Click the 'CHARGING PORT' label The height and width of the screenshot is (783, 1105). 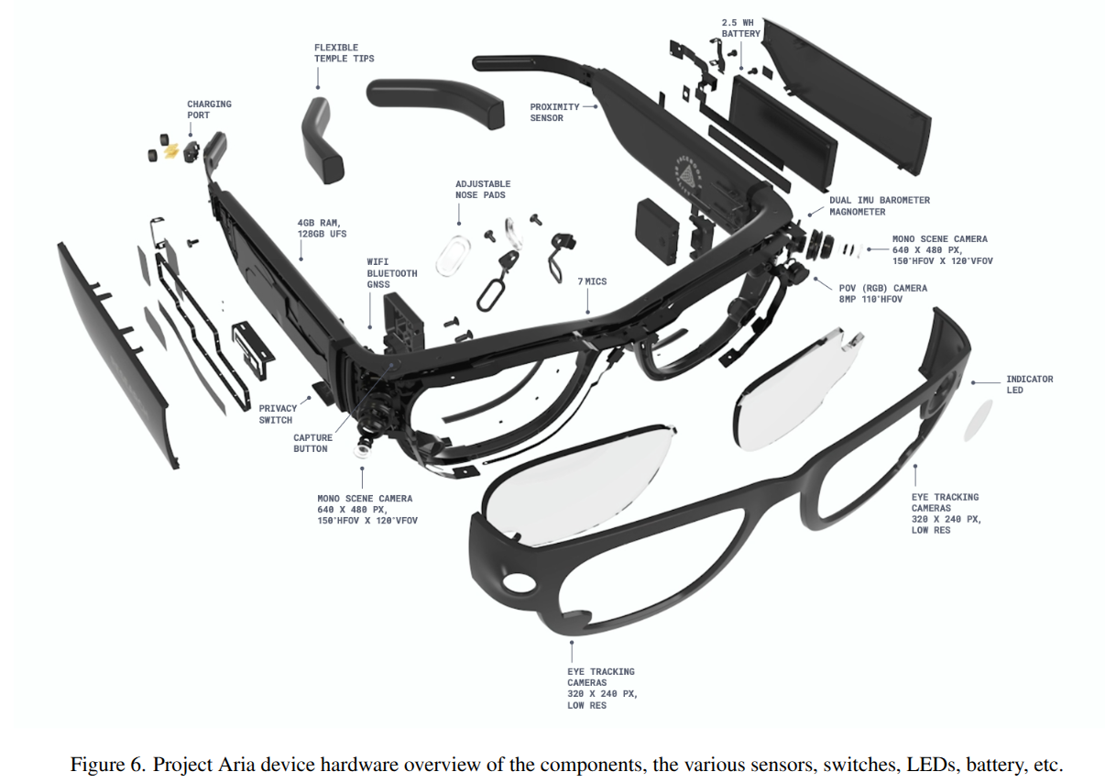[209, 109]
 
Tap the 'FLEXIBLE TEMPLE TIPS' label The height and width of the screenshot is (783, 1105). [344, 53]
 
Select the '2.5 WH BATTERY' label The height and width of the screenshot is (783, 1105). [740, 28]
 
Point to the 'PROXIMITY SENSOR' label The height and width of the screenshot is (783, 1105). [554, 112]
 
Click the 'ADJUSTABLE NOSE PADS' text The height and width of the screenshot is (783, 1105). [483, 189]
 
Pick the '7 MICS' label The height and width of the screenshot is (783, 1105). [592, 281]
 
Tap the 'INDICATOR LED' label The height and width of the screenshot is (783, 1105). [1029, 384]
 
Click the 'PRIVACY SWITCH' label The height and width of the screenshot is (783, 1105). [278, 414]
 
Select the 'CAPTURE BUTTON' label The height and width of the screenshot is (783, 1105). [312, 443]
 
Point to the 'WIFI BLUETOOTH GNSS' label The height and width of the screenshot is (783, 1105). [391, 273]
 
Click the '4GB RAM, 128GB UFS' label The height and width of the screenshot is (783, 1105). [319, 227]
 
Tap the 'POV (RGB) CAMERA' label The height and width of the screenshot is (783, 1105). [870, 293]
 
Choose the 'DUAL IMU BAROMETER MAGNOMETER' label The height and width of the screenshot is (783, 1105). [879, 205]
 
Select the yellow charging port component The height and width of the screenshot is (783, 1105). [170, 149]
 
